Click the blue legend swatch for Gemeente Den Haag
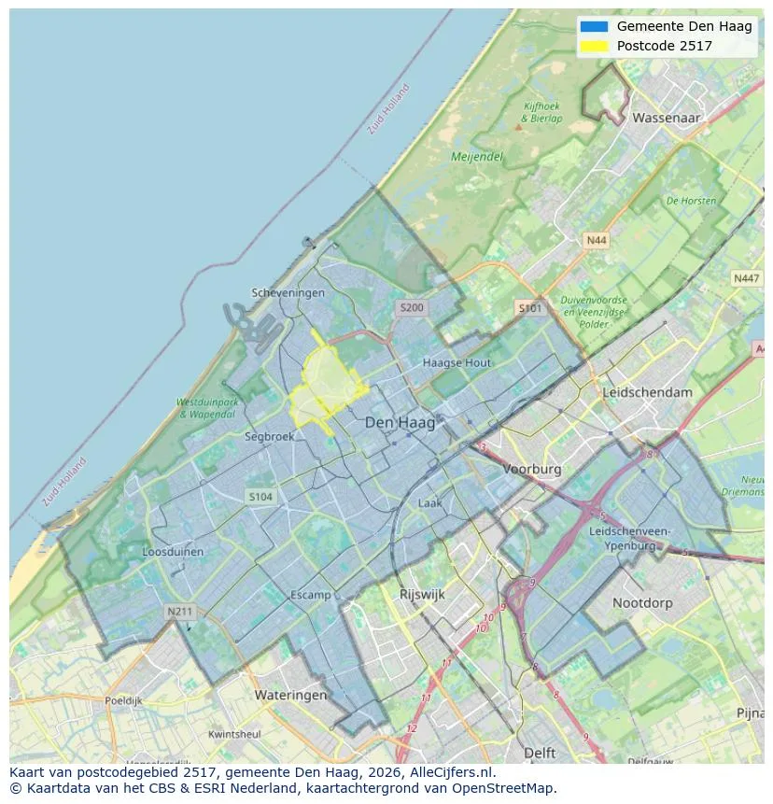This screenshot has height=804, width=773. pyautogui.click(x=593, y=26)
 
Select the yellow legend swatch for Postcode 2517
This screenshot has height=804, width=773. pyautogui.click(x=593, y=46)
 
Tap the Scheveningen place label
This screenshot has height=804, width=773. pyautogui.click(x=288, y=293)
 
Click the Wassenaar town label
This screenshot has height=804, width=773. pyautogui.click(x=666, y=119)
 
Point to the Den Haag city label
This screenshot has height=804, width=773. pyautogui.click(x=400, y=423)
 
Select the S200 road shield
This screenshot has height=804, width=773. pyautogui.click(x=411, y=307)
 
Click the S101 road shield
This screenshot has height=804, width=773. pyautogui.click(x=529, y=307)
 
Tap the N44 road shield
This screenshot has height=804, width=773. pyautogui.click(x=596, y=241)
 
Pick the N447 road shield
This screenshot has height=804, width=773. pyautogui.click(x=746, y=278)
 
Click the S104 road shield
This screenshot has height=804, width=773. pyautogui.click(x=260, y=497)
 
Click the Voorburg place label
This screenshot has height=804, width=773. pyautogui.click(x=532, y=470)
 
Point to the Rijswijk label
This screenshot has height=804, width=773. pyautogui.click(x=422, y=594)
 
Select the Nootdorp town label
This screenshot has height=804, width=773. pyautogui.click(x=642, y=603)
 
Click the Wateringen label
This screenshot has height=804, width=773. pyautogui.click(x=290, y=695)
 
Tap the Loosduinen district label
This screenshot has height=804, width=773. pyautogui.click(x=173, y=552)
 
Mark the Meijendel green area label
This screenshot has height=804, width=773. pyautogui.click(x=477, y=157)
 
